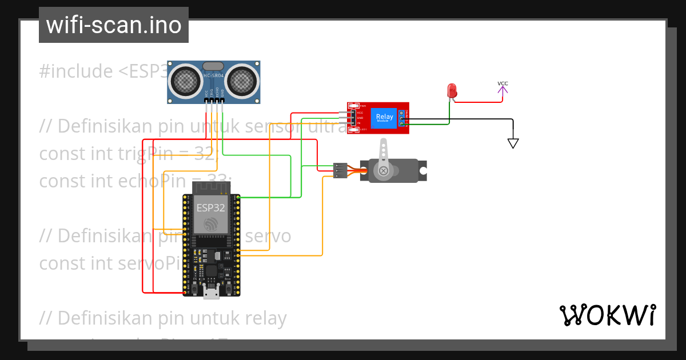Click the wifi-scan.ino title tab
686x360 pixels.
click(113, 25)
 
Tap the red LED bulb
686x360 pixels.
click(452, 90)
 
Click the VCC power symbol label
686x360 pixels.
click(502, 84)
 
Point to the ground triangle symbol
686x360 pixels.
click(513, 143)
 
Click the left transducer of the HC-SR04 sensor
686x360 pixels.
click(185, 81)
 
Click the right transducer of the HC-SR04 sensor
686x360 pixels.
click(242, 81)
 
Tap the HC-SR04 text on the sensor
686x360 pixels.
click(213, 76)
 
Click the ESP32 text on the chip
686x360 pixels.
click(211, 207)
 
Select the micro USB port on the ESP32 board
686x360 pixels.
click(212, 292)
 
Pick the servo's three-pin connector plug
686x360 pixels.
click(340, 170)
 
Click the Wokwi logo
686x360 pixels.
click(607, 315)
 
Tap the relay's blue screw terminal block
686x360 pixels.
click(402, 118)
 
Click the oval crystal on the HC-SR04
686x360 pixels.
click(213, 67)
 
